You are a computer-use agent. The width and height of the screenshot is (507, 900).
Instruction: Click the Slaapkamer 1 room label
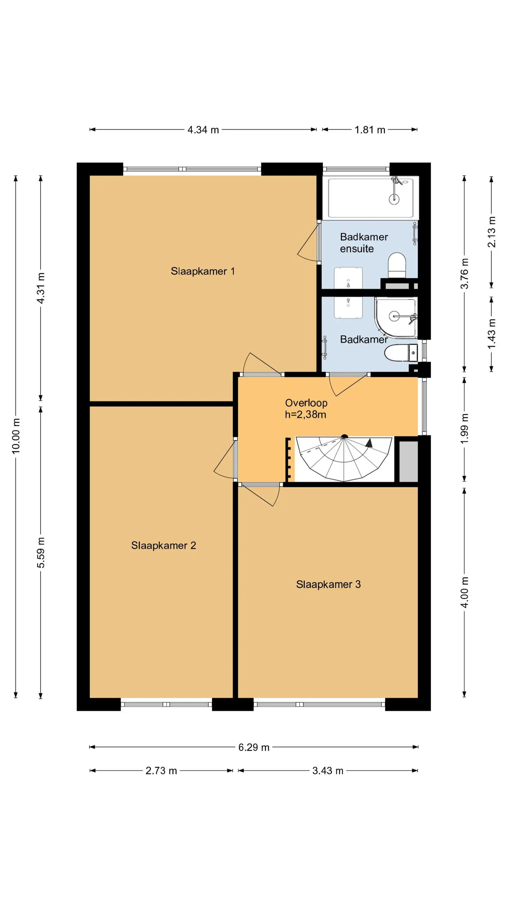(x=203, y=271)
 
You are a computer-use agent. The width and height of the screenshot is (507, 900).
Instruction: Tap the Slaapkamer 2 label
(x=163, y=545)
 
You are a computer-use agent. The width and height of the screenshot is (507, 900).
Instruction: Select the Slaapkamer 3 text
(x=328, y=584)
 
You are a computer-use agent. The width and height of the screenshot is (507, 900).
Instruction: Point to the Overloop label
(x=306, y=403)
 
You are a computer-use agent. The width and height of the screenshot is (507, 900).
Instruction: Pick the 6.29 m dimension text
(x=254, y=747)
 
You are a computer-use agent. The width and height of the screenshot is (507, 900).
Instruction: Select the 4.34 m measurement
(x=203, y=130)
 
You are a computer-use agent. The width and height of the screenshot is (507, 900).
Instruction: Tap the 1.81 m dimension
(x=370, y=130)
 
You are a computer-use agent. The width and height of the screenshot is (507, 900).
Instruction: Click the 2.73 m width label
(x=161, y=771)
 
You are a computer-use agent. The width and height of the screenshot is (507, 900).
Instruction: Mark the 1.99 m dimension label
(x=464, y=428)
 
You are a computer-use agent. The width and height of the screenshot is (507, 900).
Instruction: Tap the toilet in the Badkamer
(x=401, y=353)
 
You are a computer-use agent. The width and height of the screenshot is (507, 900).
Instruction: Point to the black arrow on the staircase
(x=369, y=443)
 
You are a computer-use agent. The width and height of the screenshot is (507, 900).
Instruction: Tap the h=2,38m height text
(x=305, y=415)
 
